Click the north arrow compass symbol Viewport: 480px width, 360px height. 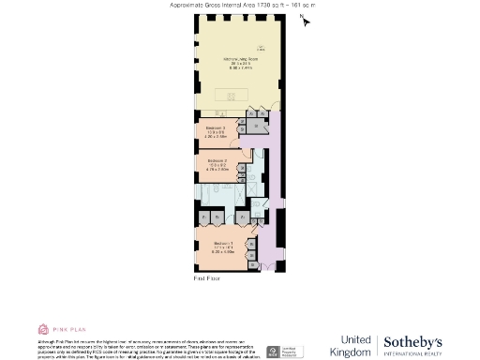tap(305, 20)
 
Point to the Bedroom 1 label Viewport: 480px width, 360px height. tap(221, 242)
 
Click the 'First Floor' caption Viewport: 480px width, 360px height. tap(206, 278)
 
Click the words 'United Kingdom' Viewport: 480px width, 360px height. tap(354, 345)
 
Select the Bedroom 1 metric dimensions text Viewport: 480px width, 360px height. tap(221, 251)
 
